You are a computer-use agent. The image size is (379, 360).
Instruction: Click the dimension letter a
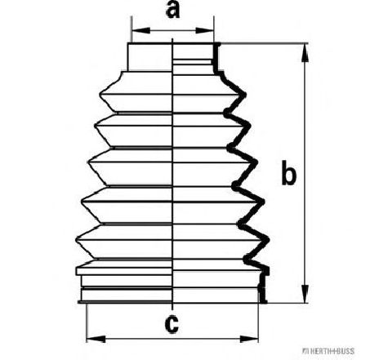click(x=173, y=11)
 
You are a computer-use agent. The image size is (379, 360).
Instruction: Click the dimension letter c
click(x=172, y=324)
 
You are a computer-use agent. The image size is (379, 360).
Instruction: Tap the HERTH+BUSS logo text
click(x=328, y=351)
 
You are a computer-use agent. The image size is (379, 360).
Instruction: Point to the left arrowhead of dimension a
click(x=140, y=30)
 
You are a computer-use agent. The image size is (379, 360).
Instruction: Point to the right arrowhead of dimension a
click(x=204, y=30)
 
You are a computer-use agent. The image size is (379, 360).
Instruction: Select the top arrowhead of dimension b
click(x=305, y=53)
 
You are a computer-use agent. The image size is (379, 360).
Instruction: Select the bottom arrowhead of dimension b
click(x=305, y=293)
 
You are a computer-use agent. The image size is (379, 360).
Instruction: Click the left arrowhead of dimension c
click(x=96, y=339)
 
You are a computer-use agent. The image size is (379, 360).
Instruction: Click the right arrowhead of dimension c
click(x=249, y=339)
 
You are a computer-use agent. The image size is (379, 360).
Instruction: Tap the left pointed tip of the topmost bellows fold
click(x=100, y=95)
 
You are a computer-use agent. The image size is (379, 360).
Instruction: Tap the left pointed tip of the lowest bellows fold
click(x=77, y=239)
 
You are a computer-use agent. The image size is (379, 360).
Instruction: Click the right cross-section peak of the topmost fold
click(x=244, y=95)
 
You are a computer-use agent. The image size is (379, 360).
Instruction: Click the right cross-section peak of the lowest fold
click(x=267, y=239)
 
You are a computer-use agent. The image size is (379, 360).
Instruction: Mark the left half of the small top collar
click(x=150, y=57)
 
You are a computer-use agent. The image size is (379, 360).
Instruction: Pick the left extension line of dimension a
click(x=132, y=29)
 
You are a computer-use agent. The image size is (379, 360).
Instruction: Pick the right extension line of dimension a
click(x=214, y=29)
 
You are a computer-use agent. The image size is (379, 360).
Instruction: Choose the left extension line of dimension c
click(x=87, y=323)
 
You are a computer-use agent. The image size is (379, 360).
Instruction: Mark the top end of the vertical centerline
click(x=172, y=39)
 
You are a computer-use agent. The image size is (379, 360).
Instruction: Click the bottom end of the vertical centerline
click(x=172, y=310)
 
